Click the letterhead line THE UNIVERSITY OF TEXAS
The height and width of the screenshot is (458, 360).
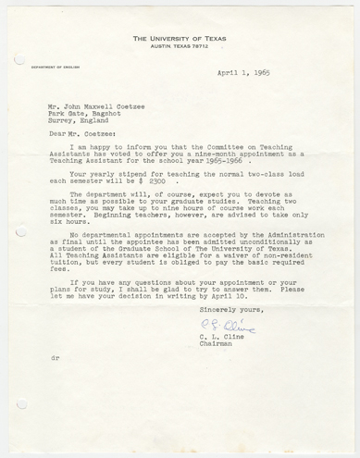180,38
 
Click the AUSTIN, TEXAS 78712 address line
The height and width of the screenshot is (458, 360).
180,46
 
